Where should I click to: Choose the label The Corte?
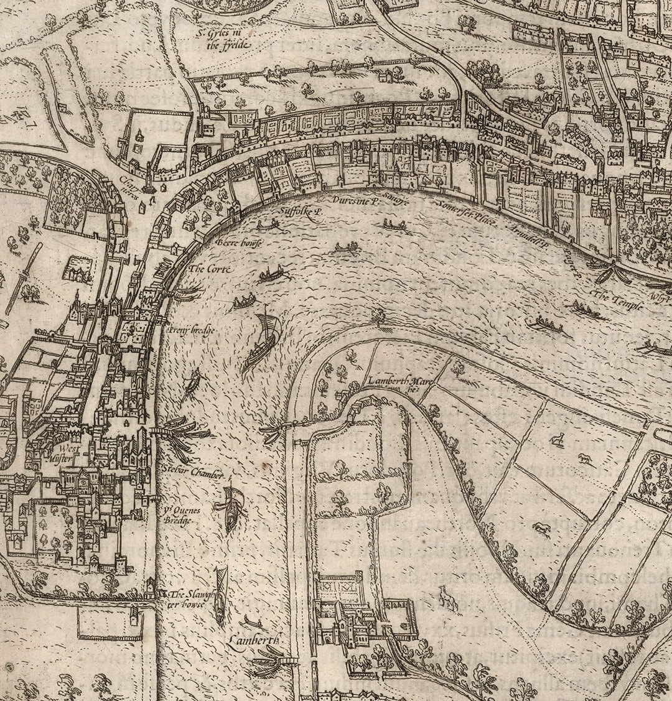(210, 269)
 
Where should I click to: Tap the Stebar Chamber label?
(193, 474)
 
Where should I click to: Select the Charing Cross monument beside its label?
(149, 183)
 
